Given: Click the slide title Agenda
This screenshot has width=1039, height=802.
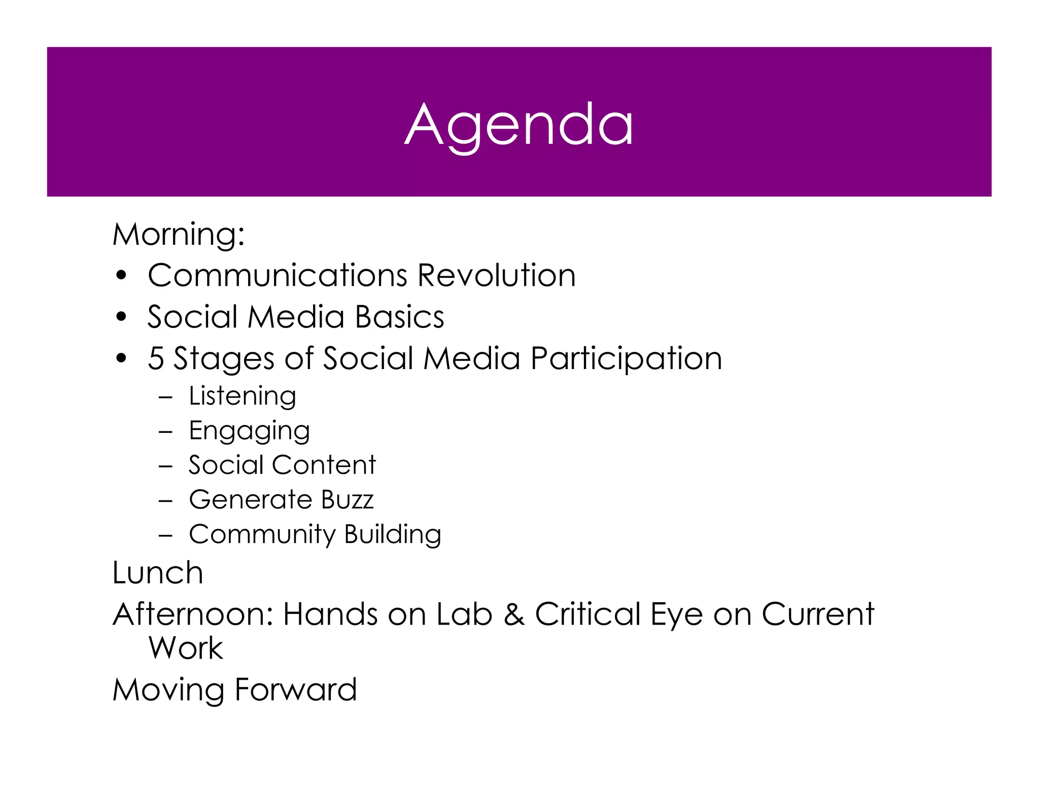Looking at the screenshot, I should tap(519, 124).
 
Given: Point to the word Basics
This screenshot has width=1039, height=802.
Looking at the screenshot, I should tap(399, 317).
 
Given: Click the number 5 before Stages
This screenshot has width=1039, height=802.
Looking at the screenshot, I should tap(156, 358).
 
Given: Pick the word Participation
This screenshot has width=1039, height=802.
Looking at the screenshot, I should tap(626, 359).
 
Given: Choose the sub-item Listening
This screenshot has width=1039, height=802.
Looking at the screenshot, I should tap(243, 396).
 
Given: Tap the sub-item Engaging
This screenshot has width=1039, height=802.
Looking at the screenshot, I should tap(249, 431).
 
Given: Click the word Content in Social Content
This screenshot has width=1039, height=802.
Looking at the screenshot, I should tap(325, 465).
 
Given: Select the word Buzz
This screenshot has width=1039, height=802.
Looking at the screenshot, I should tap(347, 499).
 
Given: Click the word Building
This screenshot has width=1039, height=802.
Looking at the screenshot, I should tap(393, 534).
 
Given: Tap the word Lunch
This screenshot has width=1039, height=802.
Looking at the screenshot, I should tap(158, 573).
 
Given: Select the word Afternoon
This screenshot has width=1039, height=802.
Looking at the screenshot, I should tap(193, 614).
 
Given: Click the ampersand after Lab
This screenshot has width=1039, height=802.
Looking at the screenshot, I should tap(514, 614).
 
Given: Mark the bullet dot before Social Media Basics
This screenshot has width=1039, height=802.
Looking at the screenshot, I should tap(121, 317).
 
